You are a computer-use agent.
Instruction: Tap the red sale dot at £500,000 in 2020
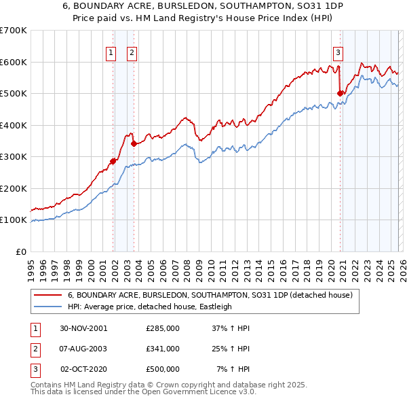[x=341, y=94]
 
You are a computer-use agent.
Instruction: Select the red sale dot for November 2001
[x=113, y=161]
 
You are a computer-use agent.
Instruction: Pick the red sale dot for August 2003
[x=134, y=143]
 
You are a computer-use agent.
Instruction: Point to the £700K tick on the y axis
[x=14, y=31]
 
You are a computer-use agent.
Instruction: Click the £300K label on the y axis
[x=14, y=156]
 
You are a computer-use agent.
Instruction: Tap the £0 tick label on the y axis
[x=20, y=251]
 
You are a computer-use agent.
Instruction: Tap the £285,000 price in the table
[x=163, y=328]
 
